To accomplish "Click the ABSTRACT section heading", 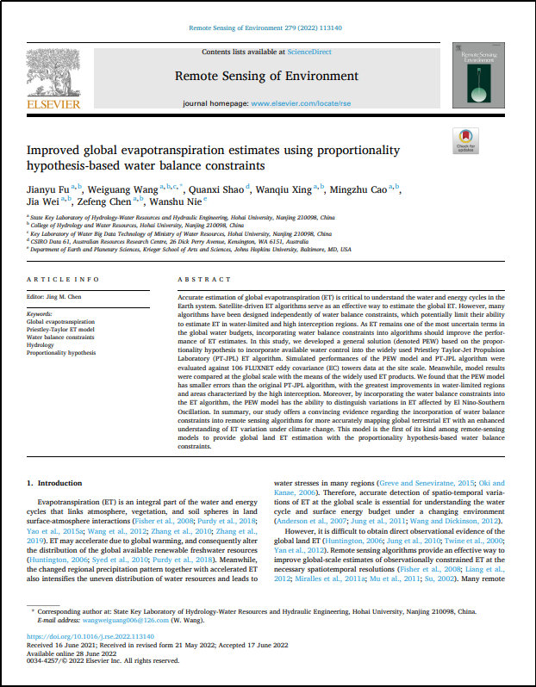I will pos(198,280).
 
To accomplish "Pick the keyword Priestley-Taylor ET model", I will pos(61,329).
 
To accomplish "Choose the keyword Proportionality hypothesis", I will pos(61,352).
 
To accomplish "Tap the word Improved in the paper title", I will pos(53,150).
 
